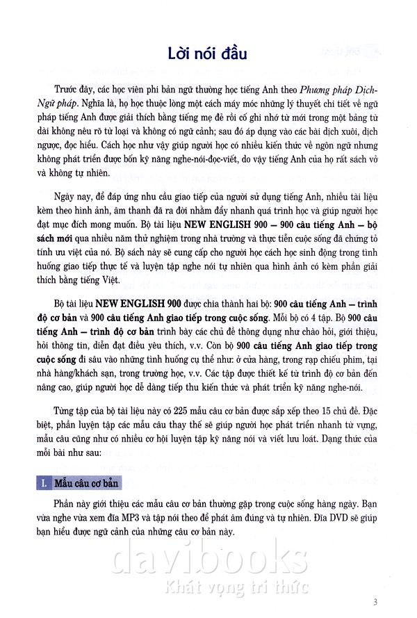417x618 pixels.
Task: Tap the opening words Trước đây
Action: click(x=73, y=89)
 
